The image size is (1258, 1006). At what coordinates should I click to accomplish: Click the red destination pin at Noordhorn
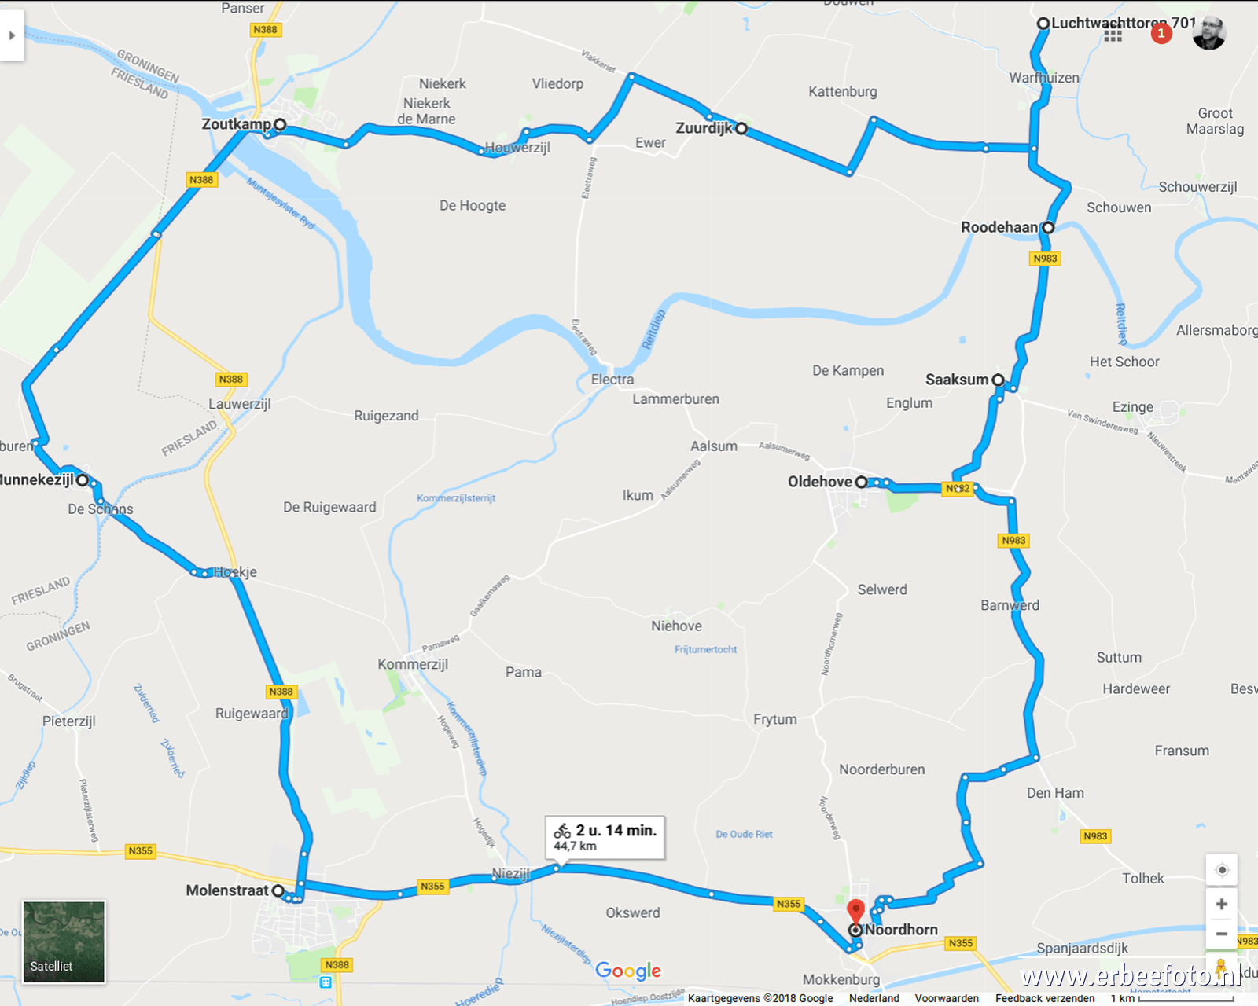pyautogui.click(x=855, y=912)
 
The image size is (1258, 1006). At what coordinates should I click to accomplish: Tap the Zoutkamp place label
pyautogui.click(x=236, y=124)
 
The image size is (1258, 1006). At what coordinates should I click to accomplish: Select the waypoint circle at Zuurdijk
pyautogui.click(x=741, y=128)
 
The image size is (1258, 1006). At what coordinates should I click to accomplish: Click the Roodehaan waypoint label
pyautogui.click(x=999, y=227)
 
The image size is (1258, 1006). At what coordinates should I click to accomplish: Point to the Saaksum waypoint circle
pyautogui.click(x=998, y=380)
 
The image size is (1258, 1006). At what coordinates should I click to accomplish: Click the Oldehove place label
pyautogui.click(x=820, y=482)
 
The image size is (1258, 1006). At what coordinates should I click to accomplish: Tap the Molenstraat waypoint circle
pyautogui.click(x=278, y=890)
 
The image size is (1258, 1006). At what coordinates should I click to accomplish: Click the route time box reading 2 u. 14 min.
pyautogui.click(x=605, y=837)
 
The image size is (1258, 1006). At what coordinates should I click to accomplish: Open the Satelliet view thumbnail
pyautogui.click(x=64, y=942)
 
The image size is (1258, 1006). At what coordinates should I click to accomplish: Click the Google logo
pyautogui.click(x=628, y=971)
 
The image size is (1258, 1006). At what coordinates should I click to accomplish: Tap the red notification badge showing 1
pyautogui.click(x=1161, y=33)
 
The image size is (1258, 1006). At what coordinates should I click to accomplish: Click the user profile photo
pyautogui.click(x=1208, y=33)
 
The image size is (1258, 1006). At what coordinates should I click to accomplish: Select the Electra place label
pyautogui.click(x=612, y=380)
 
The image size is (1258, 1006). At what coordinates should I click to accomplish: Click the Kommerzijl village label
pyautogui.click(x=413, y=664)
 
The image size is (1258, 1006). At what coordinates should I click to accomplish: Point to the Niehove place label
pyautogui.click(x=676, y=626)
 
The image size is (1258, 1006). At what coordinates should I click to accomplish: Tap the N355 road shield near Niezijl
pyautogui.click(x=432, y=886)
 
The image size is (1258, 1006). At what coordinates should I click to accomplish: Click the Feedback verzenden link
pyautogui.click(x=1045, y=998)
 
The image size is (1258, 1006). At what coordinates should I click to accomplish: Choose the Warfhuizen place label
pyautogui.click(x=1044, y=78)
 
